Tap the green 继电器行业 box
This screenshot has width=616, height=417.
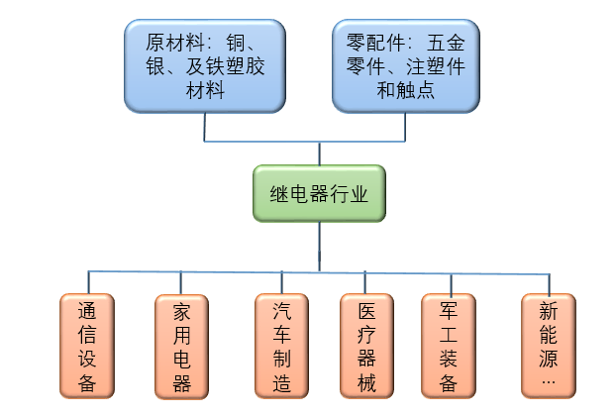click(319, 194)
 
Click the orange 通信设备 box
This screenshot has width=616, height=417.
click(88, 346)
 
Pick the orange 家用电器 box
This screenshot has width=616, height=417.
click(181, 346)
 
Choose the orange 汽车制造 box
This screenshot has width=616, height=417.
click(282, 346)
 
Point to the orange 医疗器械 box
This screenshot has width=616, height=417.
click(366, 346)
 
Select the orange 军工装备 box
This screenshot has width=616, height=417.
click(452, 346)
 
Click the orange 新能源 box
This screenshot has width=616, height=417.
click(549, 346)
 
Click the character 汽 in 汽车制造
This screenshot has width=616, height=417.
click(282, 310)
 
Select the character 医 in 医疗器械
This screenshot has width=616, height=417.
click(366, 310)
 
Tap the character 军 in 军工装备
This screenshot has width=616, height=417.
click(452, 310)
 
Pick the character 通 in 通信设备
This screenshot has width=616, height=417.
click(88, 310)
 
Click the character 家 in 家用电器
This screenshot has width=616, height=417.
click(181, 310)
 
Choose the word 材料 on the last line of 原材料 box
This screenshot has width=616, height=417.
click(204, 90)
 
